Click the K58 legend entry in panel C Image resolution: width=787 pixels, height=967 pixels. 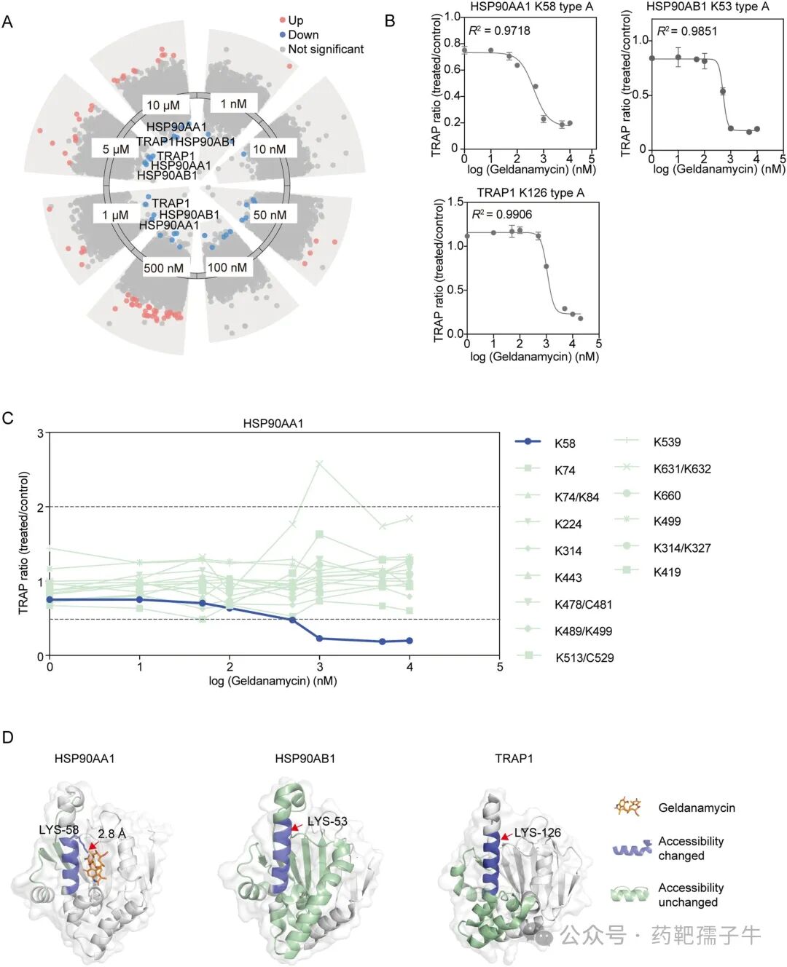click(564, 443)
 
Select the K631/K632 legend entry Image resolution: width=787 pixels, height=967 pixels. click(681, 469)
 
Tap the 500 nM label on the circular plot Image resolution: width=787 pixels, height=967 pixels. click(163, 268)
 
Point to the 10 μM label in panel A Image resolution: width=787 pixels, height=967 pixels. click(163, 105)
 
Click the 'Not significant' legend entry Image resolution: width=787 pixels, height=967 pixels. click(325, 50)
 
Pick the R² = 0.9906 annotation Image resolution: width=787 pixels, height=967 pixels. click(502, 214)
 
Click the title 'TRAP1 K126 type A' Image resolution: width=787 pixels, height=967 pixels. click(530, 192)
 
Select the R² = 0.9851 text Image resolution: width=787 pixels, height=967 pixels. click(687, 31)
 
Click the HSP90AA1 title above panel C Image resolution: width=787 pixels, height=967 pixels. click(273, 423)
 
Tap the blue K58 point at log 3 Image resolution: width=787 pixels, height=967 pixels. click(319, 639)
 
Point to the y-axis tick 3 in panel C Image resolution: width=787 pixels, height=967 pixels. click(40, 434)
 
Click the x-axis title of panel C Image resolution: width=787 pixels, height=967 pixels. click(273, 682)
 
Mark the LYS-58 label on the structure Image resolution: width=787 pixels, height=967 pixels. click(58, 830)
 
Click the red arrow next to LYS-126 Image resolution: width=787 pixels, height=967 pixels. click(506, 837)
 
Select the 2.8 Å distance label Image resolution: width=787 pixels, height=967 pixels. click(112, 834)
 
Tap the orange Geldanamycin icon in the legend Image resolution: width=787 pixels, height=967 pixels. click(628, 807)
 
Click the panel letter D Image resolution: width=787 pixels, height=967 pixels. click(8, 738)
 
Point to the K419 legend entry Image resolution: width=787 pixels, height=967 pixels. click(667, 572)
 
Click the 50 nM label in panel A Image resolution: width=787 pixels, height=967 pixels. click(270, 215)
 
